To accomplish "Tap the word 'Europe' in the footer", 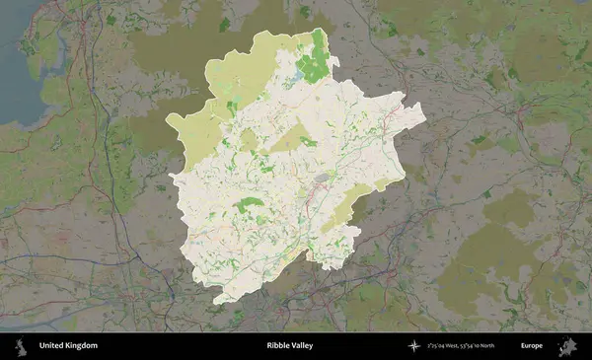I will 532,346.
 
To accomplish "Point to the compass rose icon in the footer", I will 415,346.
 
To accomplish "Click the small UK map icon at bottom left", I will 21,346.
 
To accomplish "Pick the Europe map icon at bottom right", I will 567,346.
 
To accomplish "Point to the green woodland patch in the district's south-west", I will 248,204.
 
